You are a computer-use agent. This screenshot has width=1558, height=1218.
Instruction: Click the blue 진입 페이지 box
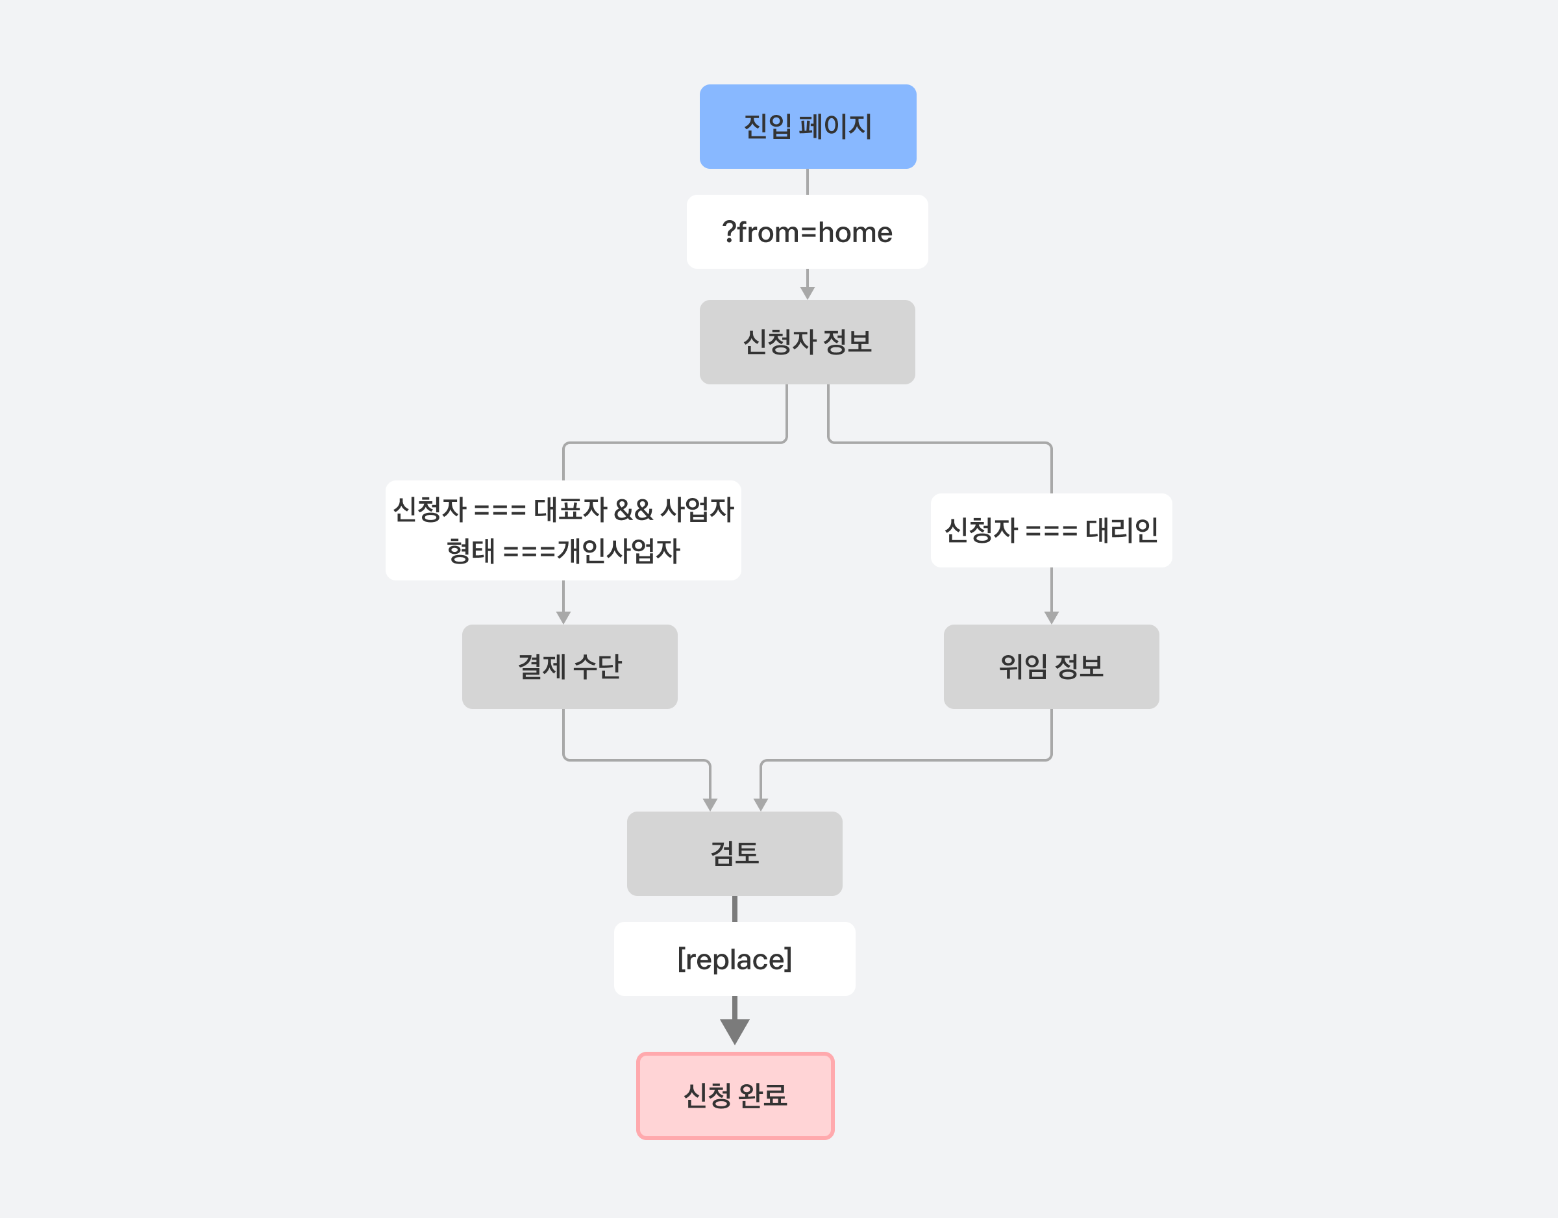tap(808, 127)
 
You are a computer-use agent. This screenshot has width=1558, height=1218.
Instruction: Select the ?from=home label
tap(807, 232)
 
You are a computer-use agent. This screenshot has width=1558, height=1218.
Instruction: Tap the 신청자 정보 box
tap(807, 342)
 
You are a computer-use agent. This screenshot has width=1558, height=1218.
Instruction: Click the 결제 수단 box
tap(569, 666)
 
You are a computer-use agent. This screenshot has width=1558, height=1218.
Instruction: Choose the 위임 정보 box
tap(1051, 666)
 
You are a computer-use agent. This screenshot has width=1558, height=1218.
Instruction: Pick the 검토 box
tap(734, 853)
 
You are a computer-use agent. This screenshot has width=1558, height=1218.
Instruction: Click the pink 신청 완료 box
tap(735, 1095)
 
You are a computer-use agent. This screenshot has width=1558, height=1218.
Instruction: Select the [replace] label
tap(734, 959)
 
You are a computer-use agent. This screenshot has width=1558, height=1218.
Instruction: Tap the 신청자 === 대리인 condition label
tap(1051, 530)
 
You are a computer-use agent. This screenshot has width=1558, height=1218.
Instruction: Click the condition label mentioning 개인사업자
tap(563, 530)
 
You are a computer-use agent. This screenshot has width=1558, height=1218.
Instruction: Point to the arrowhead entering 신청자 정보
tap(808, 293)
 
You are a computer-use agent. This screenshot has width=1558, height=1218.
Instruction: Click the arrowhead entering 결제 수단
tap(563, 618)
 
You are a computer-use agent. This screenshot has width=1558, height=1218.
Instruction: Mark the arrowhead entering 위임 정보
tap(1052, 618)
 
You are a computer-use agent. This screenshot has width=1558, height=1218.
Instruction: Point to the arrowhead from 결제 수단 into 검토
tap(710, 805)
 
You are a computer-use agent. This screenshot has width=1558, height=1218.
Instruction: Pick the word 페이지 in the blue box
tap(835, 127)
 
